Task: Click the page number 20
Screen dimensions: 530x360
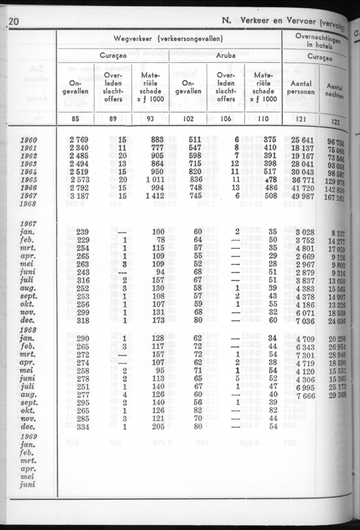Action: point(13,21)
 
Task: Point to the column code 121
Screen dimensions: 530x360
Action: point(301,118)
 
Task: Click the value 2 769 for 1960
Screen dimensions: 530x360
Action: point(80,141)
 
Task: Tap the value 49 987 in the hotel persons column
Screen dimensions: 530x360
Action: point(302,196)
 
